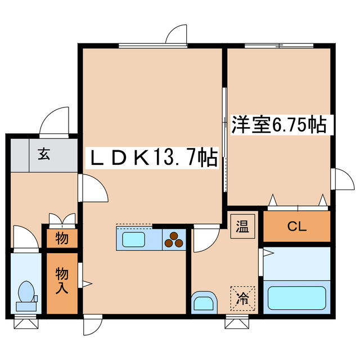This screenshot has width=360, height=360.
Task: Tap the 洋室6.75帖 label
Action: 279,124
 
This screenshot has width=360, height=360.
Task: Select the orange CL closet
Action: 296,227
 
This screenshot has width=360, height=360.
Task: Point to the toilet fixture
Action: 25,295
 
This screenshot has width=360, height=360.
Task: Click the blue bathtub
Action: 296,298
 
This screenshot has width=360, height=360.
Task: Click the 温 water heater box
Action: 242,227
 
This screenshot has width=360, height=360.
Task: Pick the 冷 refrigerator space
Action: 242,296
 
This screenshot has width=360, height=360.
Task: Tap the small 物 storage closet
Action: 62,238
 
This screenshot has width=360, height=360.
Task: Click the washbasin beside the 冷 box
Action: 204,303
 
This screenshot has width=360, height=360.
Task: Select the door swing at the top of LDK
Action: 177,35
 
